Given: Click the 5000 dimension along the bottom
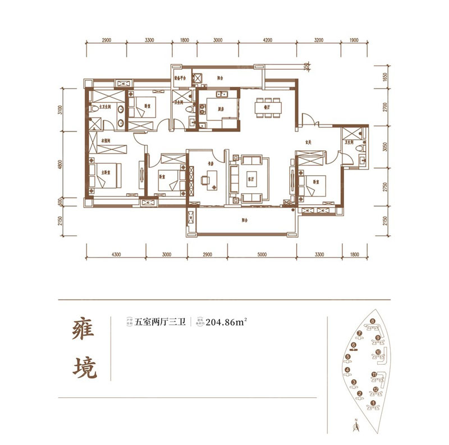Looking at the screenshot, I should click(x=262, y=254).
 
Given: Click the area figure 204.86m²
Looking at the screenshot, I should click(x=227, y=322).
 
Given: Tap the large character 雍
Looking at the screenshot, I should click(x=84, y=332).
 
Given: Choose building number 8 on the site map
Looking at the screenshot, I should click(x=372, y=322).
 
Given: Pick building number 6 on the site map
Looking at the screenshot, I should click(x=354, y=346).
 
